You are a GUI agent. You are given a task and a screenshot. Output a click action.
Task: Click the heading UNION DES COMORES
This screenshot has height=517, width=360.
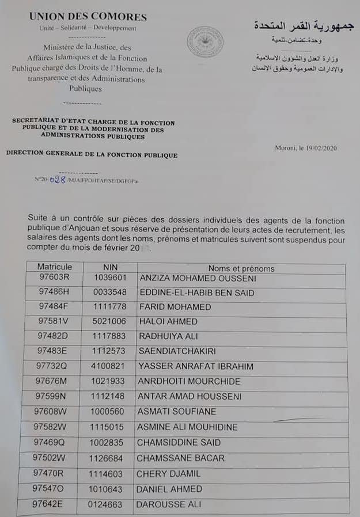pos(88,17)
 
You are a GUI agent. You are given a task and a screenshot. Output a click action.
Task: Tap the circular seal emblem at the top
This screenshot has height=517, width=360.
pos(204,42)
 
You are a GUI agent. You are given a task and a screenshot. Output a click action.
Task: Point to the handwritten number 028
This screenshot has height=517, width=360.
pos(58,180)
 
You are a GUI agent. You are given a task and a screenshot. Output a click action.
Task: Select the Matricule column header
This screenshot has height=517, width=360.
pos(55,267)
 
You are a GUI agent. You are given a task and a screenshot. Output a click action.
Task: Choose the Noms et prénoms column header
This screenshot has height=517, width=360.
pos(241,268)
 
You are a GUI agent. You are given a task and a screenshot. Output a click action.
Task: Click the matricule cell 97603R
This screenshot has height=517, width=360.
pos(54,279)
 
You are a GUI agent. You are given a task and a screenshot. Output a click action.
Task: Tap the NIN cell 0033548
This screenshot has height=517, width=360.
pos(110,292)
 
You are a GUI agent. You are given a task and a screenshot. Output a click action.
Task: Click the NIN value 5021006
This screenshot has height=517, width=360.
pos(109,321)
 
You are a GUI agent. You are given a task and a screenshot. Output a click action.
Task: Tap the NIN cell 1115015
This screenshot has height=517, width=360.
pos(108,427)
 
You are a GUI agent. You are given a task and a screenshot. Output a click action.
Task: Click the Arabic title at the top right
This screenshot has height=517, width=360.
pos(304,26)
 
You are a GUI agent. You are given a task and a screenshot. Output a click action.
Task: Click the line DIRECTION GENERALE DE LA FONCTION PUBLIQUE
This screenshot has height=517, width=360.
pos(92,155)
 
